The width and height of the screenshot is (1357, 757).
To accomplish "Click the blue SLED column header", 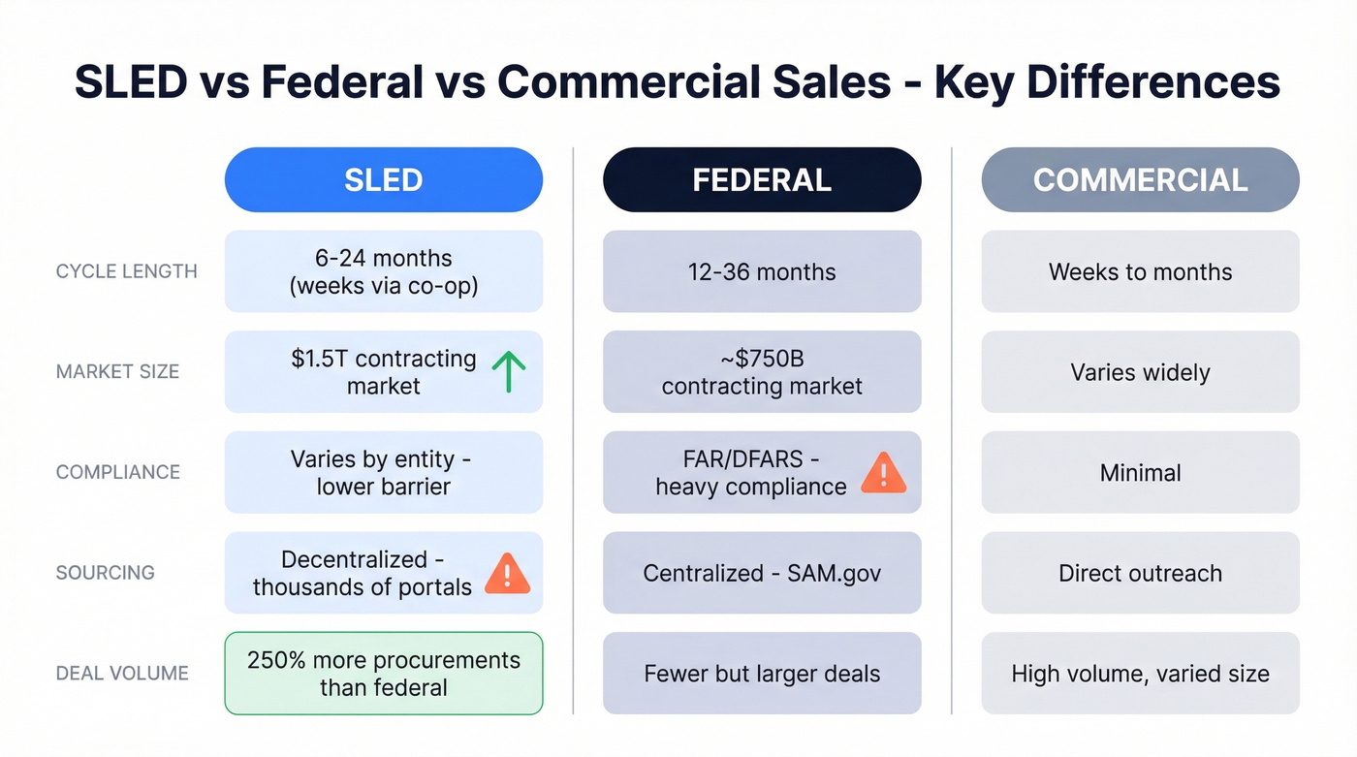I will click(x=383, y=180).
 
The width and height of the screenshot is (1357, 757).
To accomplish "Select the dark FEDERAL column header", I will click(x=762, y=180).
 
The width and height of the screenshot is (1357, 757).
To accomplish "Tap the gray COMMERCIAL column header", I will click(x=1140, y=180).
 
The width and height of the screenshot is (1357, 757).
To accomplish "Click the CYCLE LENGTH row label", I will click(x=127, y=271).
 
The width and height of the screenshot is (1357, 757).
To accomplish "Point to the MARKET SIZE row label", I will click(x=118, y=371).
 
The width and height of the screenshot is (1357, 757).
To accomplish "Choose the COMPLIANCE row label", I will click(x=118, y=472).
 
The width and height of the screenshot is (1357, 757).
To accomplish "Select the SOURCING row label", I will click(x=106, y=573).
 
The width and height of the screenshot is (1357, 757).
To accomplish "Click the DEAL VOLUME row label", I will click(x=122, y=673).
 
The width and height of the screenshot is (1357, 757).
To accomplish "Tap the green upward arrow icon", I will click(x=508, y=372).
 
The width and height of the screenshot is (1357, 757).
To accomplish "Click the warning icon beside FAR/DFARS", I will click(x=883, y=473).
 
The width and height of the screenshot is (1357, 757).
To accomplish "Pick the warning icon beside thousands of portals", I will click(x=507, y=573).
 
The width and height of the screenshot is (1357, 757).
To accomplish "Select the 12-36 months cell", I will click(x=762, y=271).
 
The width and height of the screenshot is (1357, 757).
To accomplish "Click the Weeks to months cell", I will click(x=1140, y=271).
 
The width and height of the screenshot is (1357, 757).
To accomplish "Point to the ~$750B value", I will click(x=762, y=359).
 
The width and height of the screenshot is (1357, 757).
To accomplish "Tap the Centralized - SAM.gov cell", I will click(x=762, y=573).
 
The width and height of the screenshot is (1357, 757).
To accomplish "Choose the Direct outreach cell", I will click(x=1140, y=573).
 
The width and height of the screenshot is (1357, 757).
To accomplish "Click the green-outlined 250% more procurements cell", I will click(x=383, y=674).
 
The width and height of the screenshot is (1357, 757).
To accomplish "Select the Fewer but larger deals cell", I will click(x=762, y=674).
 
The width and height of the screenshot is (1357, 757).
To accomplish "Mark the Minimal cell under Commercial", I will click(x=1140, y=473).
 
